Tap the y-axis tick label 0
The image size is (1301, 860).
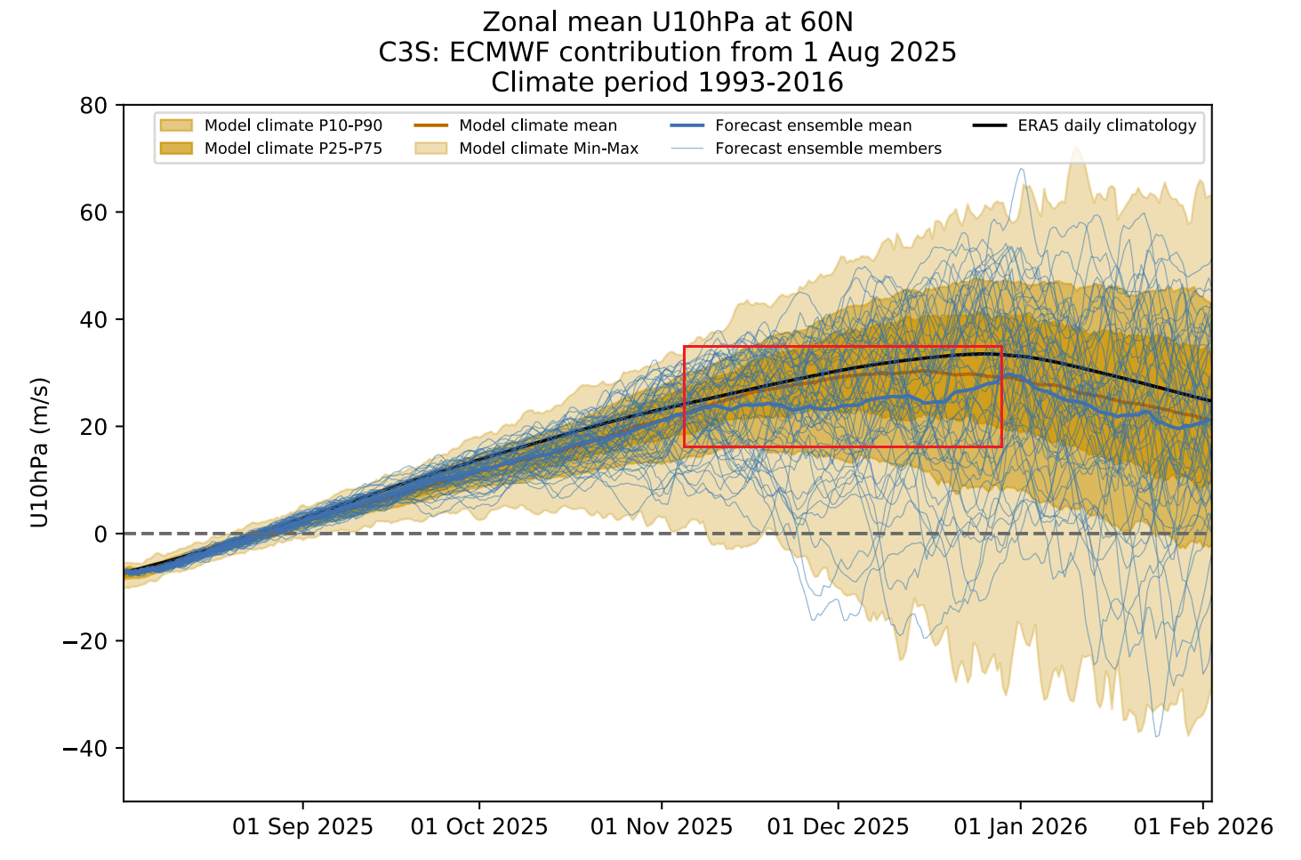click(x=100, y=534)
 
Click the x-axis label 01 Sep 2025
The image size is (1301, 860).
click(x=302, y=827)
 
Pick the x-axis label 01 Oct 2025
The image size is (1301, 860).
click(x=479, y=827)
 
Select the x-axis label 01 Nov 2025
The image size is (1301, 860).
click(x=662, y=827)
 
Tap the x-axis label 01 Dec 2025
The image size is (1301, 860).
click(x=838, y=827)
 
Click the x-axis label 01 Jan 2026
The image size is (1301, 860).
click(x=1020, y=827)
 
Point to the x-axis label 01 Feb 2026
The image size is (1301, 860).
click(x=1203, y=827)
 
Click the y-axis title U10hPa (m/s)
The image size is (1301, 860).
click(x=39, y=453)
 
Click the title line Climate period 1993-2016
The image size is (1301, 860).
click(x=667, y=83)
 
